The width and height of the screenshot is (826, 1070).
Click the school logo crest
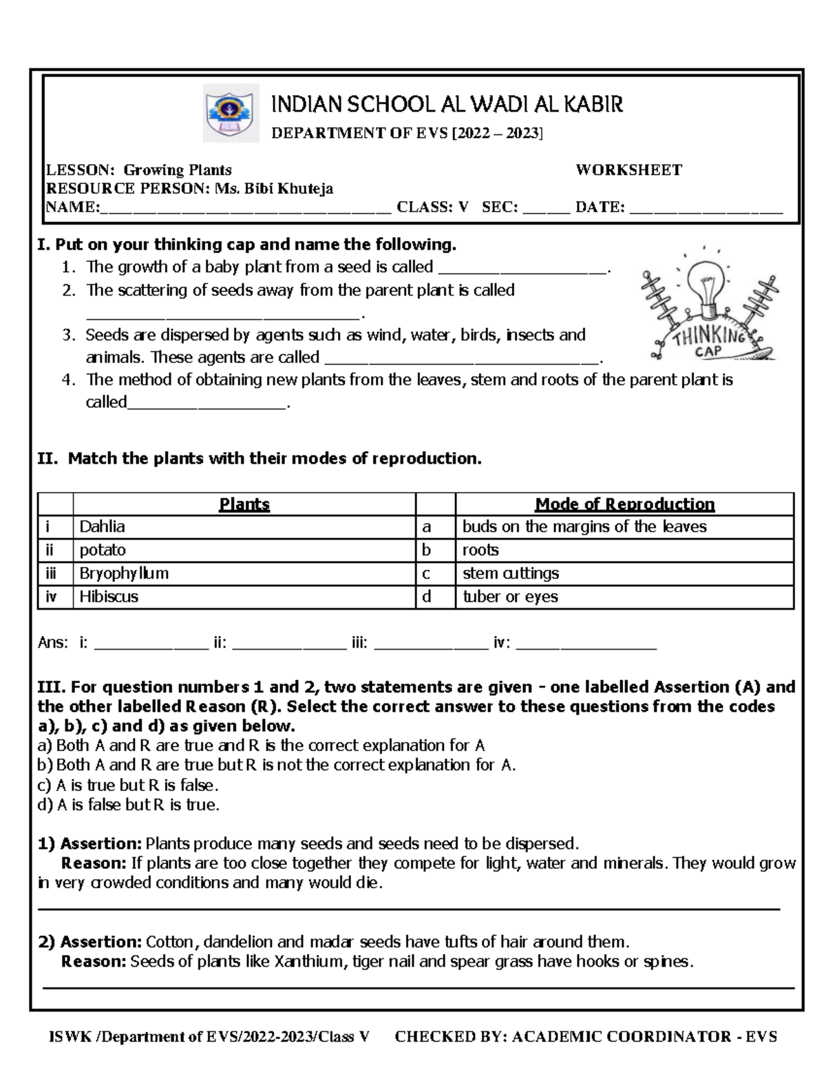(x=230, y=112)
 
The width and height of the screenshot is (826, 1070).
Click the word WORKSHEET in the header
(x=628, y=170)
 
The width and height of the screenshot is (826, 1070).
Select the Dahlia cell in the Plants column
(x=244, y=527)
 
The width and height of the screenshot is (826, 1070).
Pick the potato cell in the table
(x=244, y=551)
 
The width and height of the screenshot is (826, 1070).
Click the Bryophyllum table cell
(x=244, y=573)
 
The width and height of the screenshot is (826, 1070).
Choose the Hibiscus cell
(x=244, y=597)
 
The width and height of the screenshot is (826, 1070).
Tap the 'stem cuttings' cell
(x=624, y=573)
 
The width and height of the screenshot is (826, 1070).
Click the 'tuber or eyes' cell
(x=624, y=597)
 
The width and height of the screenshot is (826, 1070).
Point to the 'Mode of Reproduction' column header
(x=624, y=504)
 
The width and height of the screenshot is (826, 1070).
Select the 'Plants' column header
(x=244, y=504)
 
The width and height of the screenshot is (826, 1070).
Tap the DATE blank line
(x=706, y=209)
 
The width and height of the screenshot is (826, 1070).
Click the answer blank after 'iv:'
(x=586, y=646)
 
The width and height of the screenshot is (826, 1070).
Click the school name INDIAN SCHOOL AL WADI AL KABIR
(x=447, y=105)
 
